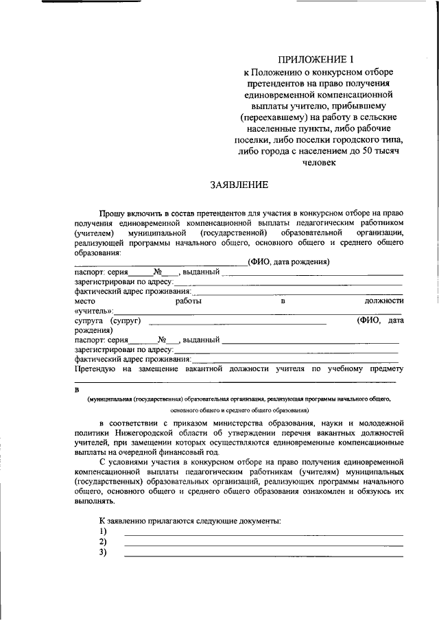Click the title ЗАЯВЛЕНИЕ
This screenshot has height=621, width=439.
tap(239, 185)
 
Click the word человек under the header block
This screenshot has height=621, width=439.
tap(318, 163)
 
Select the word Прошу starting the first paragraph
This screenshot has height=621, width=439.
tap(112, 213)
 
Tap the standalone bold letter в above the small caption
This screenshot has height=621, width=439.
tap(77, 389)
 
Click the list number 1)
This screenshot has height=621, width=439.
tap(103, 532)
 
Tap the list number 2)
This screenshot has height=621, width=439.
tap(103, 542)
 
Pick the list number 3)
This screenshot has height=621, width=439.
tap(103, 552)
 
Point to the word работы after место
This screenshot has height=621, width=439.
tap(188, 301)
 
